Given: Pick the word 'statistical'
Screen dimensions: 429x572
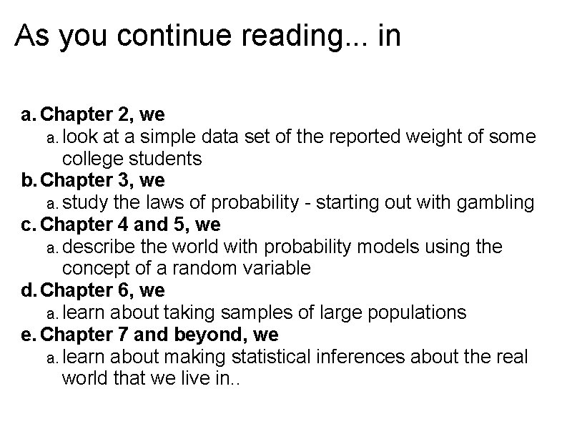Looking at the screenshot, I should (x=275, y=357).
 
